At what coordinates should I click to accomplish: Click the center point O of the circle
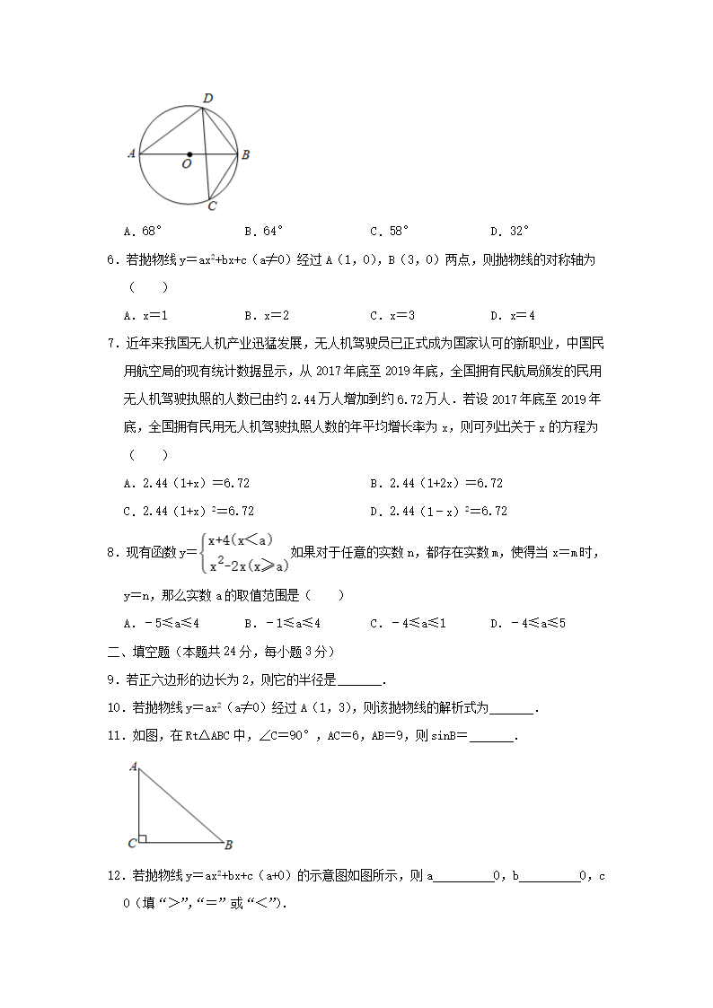[x=189, y=154]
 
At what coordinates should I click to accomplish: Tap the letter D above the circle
[x=207, y=98]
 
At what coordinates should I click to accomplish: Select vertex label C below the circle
[x=212, y=206]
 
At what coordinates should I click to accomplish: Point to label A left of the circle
[x=131, y=154]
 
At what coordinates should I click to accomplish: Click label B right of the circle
[x=245, y=154]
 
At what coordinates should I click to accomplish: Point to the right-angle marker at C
[x=143, y=839]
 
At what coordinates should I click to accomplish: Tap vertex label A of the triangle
[x=133, y=767]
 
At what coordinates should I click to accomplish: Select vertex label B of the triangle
[x=229, y=845]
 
